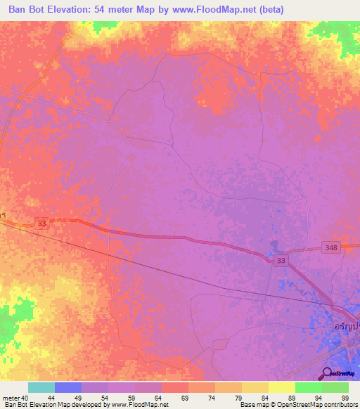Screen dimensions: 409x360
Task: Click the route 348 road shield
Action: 331,247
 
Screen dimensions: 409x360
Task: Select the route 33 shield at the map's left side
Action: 42,223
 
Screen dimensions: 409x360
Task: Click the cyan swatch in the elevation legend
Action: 41,387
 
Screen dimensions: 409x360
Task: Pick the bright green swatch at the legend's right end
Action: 335,387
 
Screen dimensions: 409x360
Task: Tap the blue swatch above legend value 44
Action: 68,387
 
